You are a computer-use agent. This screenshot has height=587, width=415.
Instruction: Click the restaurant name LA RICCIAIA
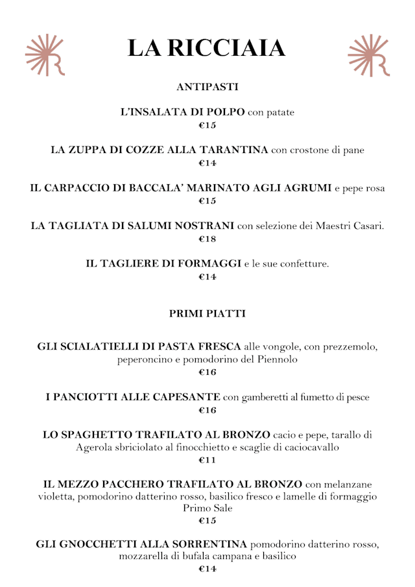[207, 49]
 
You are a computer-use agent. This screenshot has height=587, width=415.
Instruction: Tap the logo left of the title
[45, 55]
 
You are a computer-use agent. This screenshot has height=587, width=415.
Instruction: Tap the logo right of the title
[368, 55]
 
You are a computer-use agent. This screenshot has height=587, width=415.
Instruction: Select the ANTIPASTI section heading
[207, 86]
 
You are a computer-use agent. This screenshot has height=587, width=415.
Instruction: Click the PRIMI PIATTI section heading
[207, 314]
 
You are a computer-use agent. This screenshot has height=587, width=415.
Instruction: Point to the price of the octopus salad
[207, 125]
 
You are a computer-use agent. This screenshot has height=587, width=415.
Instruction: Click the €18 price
[207, 239]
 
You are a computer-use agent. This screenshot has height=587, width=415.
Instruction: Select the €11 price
[207, 461]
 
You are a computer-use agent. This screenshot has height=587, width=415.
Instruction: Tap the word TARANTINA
[233, 150]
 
